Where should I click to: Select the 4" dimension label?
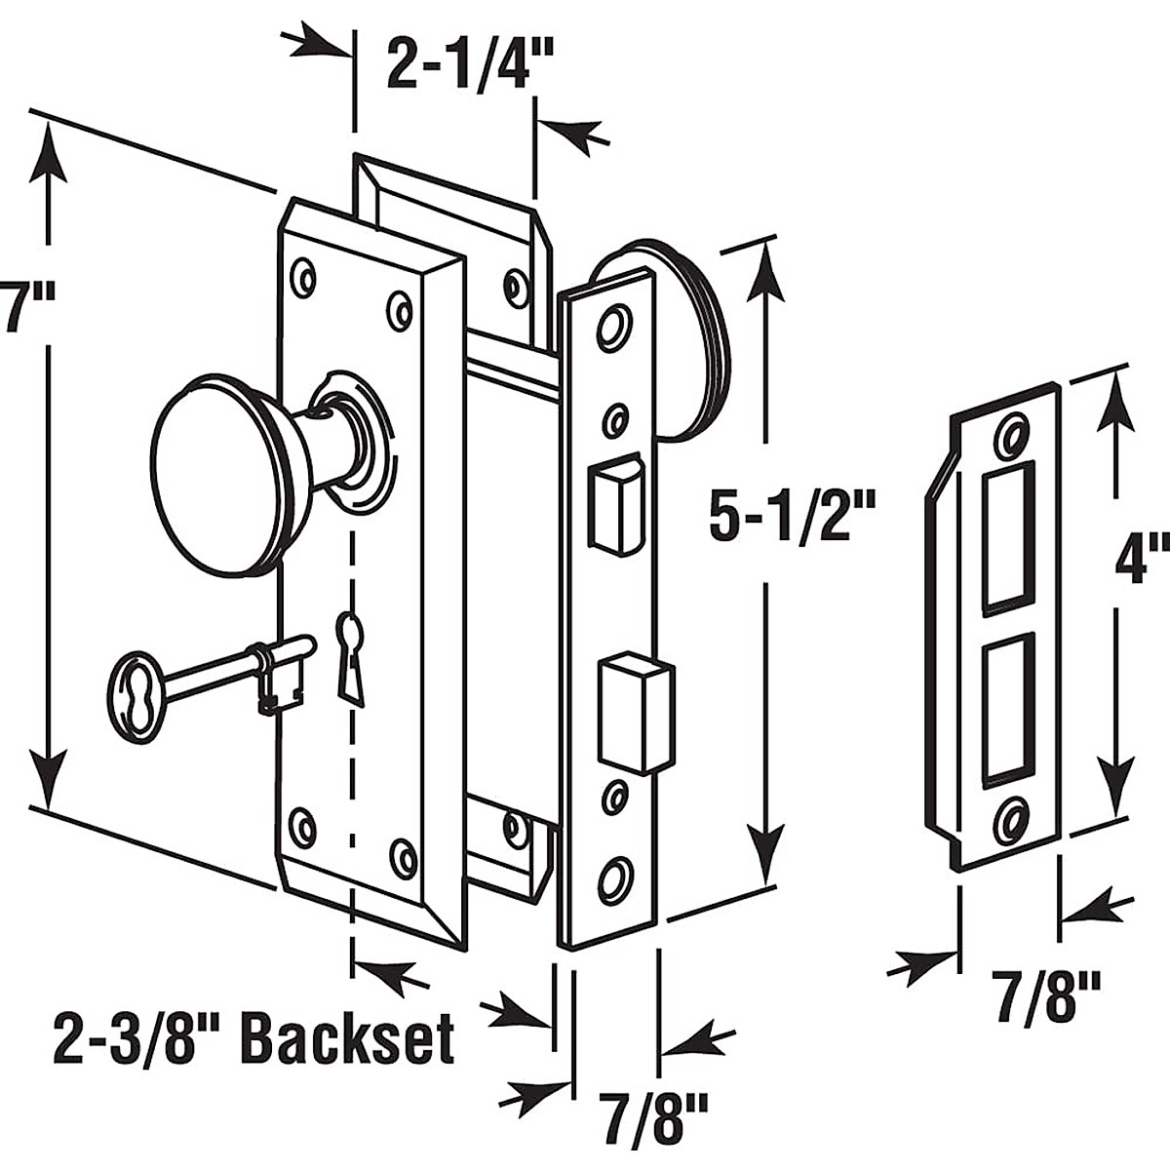(1140, 561)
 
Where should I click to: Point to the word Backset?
(347, 1039)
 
